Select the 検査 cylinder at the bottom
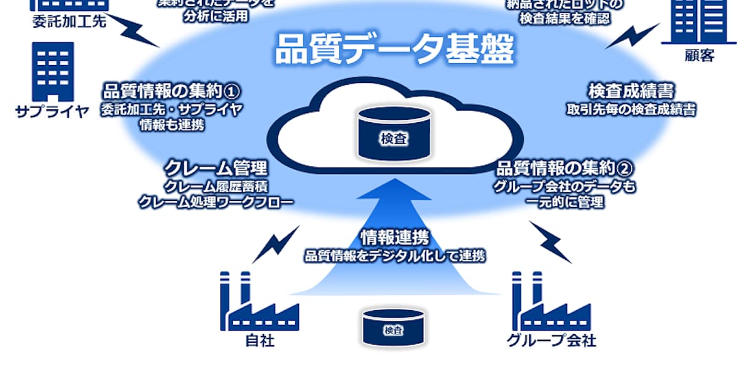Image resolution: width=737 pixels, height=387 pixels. point(393,327)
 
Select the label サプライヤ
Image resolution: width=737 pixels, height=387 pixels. point(53,112)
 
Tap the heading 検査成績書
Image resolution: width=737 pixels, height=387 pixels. point(631,92)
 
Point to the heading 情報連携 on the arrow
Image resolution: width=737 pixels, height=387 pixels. point(394,238)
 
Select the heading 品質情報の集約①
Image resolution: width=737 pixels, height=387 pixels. point(171,92)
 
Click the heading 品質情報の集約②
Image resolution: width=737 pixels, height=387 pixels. point(564,168)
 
